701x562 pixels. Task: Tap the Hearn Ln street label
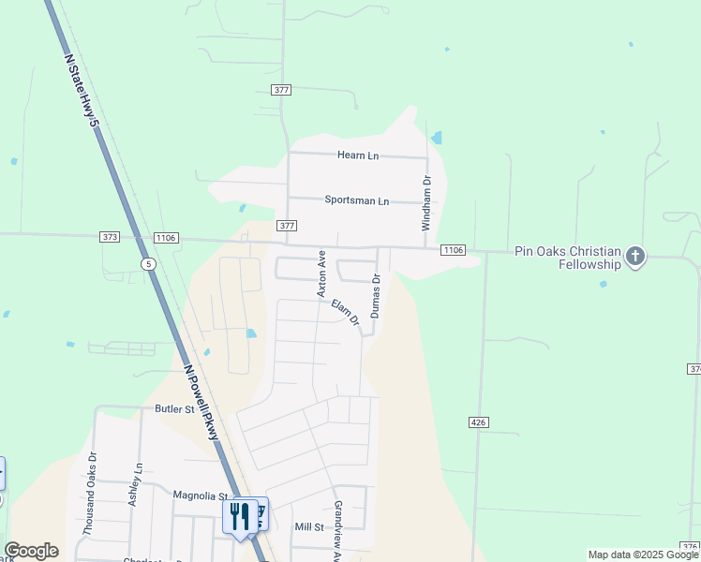click(x=359, y=155)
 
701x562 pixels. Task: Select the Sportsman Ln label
click(x=356, y=200)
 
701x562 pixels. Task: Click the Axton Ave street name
click(x=321, y=274)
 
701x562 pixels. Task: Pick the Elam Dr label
click(x=345, y=313)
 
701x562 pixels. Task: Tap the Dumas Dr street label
click(x=376, y=295)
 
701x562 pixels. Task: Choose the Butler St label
click(x=174, y=409)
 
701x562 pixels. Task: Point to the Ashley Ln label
click(x=136, y=484)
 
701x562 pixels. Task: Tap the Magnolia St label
click(x=201, y=495)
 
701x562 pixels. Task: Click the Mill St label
click(x=308, y=527)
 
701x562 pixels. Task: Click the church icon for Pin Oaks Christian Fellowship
click(x=636, y=258)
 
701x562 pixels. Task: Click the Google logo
click(x=31, y=551)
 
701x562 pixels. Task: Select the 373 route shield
click(x=110, y=238)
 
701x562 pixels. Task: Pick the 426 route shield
click(x=478, y=423)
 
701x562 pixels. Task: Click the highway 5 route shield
click(x=148, y=264)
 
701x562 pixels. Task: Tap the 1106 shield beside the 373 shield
click(x=166, y=239)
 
